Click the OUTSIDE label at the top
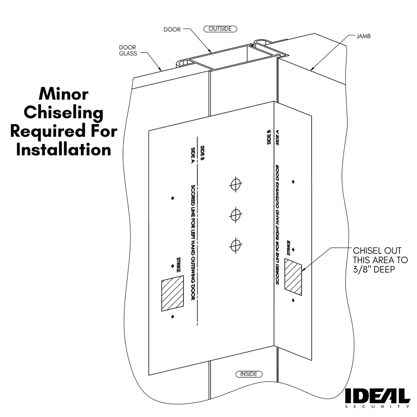[x=220, y=29]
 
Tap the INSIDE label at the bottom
[x=249, y=374]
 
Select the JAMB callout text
[x=363, y=36]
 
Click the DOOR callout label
[x=172, y=30]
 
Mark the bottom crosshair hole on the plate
[x=236, y=245]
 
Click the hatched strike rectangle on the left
[x=172, y=294]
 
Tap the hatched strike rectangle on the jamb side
[x=293, y=276]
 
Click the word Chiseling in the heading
[x=63, y=113]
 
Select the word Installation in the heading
[x=63, y=149]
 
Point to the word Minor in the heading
[x=63, y=94]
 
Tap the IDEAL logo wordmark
[x=377, y=396]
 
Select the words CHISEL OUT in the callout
[x=377, y=251]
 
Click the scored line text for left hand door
[x=193, y=242]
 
